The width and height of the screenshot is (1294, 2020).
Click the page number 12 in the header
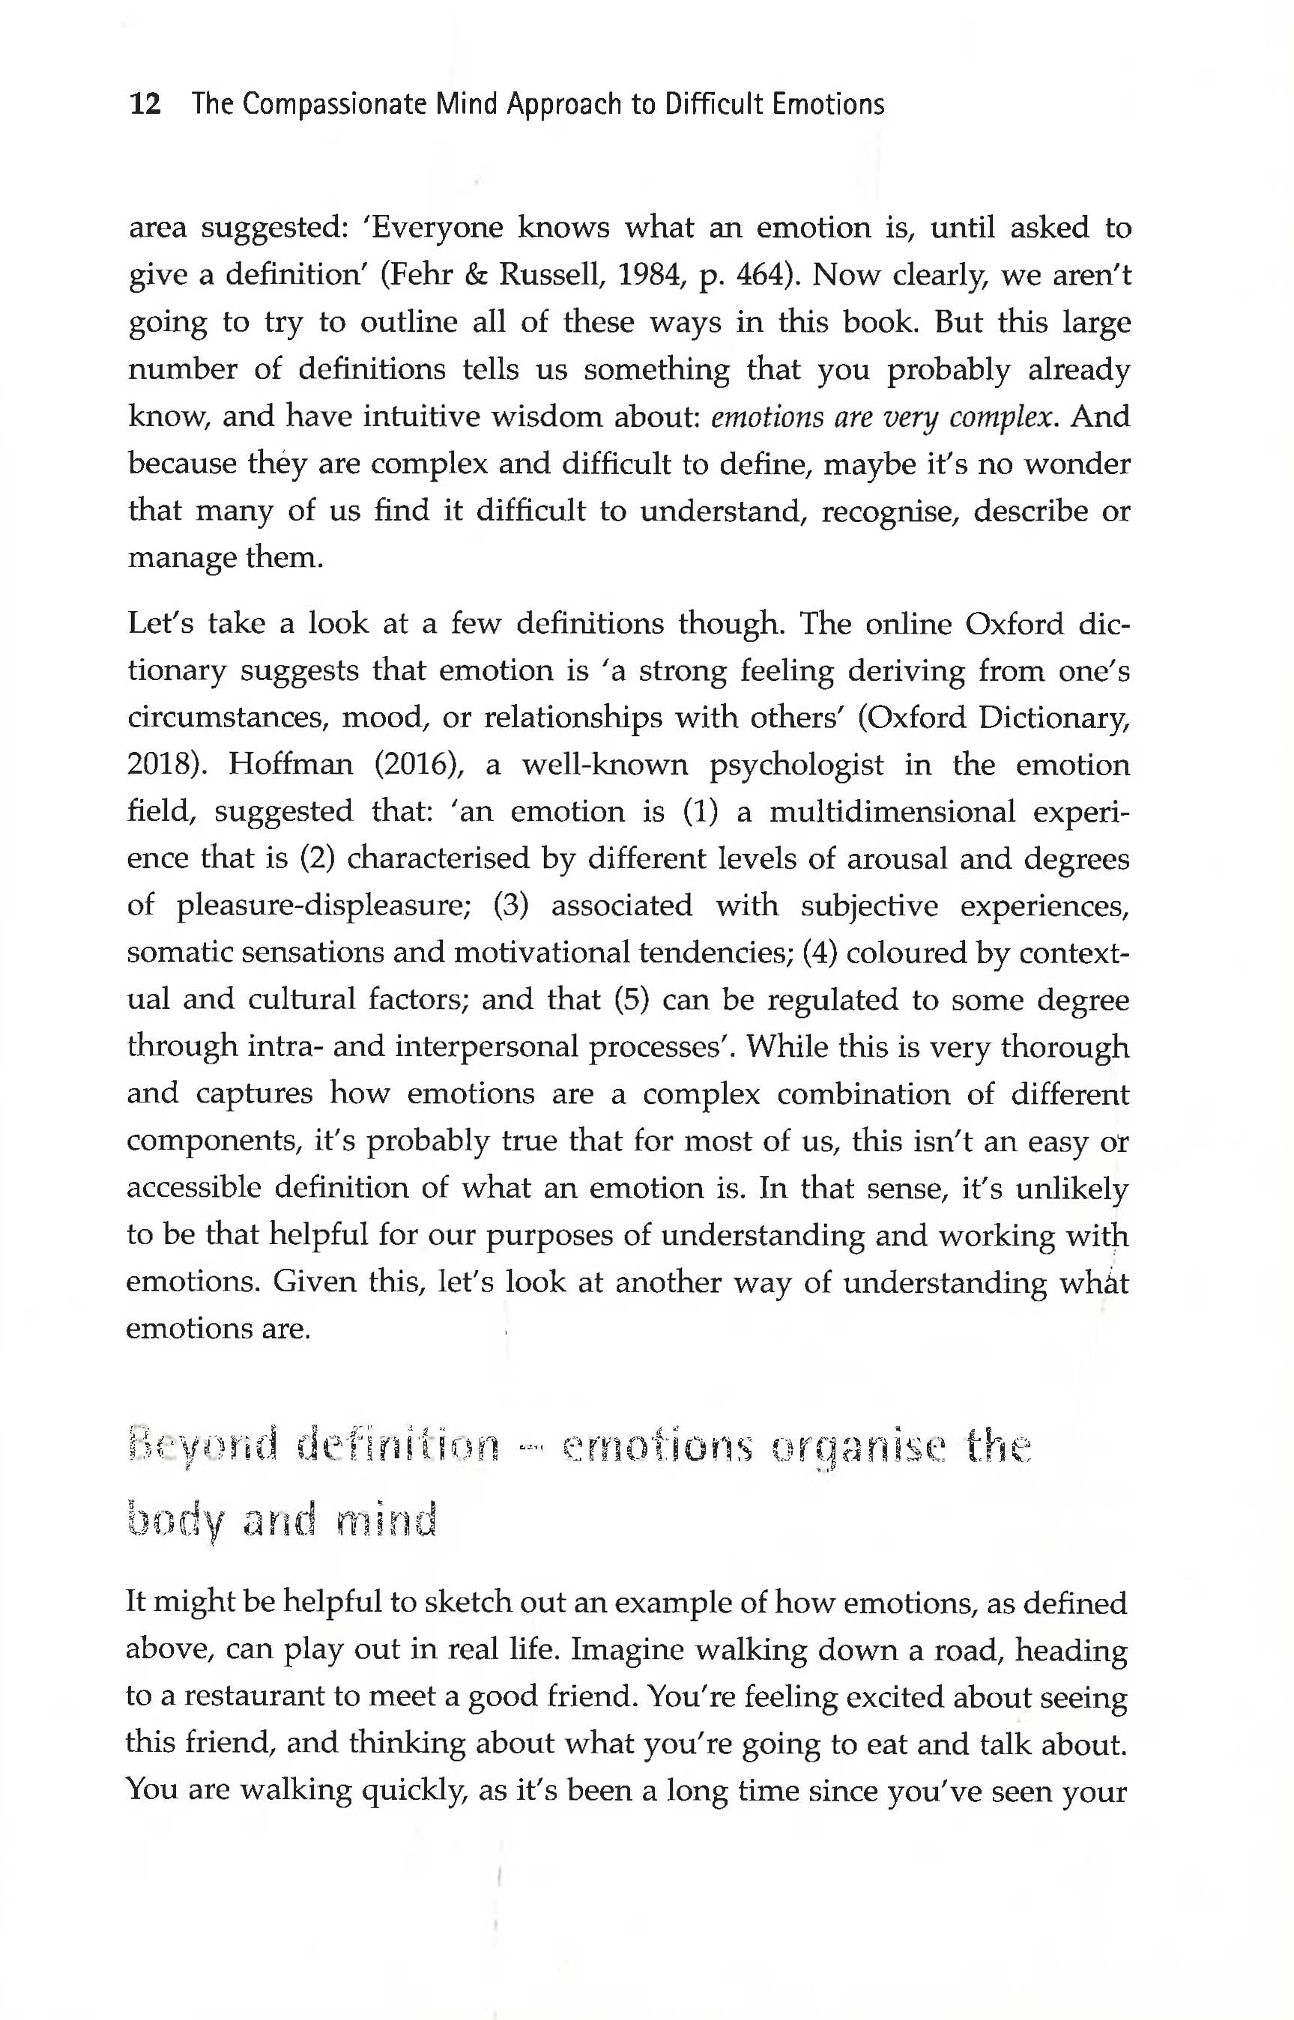coord(145,104)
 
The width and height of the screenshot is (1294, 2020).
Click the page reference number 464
coord(763,275)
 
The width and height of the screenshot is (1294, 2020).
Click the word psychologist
coord(796,765)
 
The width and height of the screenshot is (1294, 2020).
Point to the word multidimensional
coord(892,812)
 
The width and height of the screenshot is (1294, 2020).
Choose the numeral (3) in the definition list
coord(510,906)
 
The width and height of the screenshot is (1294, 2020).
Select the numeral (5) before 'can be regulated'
coord(631,999)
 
